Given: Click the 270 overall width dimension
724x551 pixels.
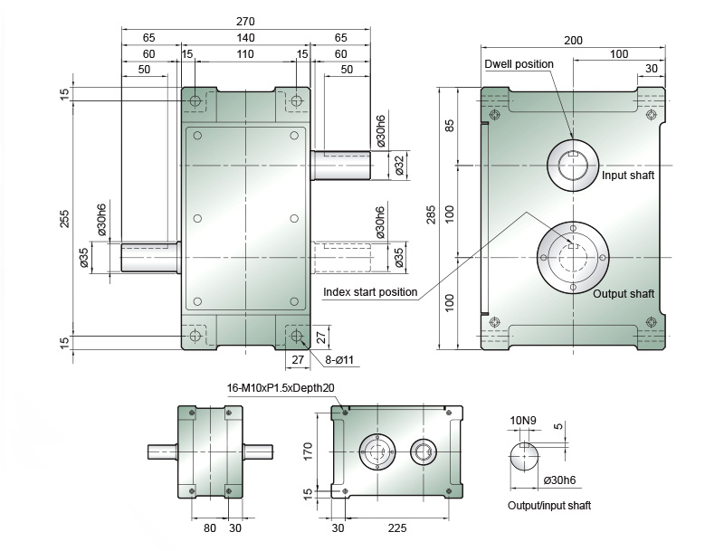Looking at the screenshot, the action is (245, 21).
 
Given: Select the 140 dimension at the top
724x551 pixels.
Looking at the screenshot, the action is (245, 37).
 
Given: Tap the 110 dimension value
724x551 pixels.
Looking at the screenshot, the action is (245, 54).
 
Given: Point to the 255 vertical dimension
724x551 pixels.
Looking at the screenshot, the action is (64, 219).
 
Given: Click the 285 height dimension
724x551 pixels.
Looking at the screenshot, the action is (431, 214).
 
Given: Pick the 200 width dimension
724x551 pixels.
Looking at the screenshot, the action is (573, 41).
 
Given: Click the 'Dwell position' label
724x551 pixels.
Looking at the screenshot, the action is (519, 64).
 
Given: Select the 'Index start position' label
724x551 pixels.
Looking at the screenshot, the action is (370, 292).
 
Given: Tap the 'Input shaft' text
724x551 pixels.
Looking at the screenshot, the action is (628, 176).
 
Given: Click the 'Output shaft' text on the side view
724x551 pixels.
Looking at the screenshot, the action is (624, 294).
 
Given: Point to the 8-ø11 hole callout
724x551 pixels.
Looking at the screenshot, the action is (339, 360).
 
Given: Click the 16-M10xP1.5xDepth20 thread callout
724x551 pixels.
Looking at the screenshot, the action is (281, 387).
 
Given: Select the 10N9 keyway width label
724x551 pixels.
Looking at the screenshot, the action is (523, 421).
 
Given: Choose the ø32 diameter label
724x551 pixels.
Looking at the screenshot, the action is (399, 166).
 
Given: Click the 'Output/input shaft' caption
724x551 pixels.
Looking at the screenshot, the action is (549, 506).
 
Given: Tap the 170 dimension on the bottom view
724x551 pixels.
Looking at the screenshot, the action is (308, 451).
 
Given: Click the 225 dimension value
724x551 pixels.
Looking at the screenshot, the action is (397, 527).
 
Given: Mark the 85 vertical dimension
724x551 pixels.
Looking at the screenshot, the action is (449, 126).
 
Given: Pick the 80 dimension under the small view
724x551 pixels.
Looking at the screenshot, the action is (210, 527).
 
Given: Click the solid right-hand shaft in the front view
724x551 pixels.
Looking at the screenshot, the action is (341, 166).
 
